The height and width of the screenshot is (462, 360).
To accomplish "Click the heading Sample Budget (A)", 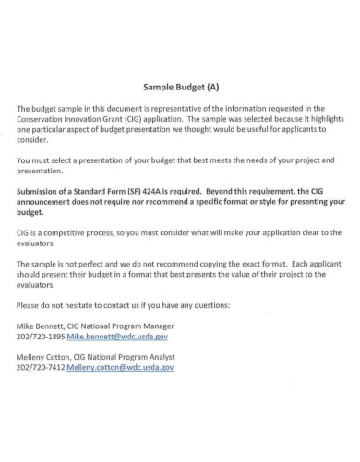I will tap(181, 88).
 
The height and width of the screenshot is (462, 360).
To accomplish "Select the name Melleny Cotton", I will tap(49, 356).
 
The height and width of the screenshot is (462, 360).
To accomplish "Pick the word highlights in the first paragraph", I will tap(322, 119).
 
